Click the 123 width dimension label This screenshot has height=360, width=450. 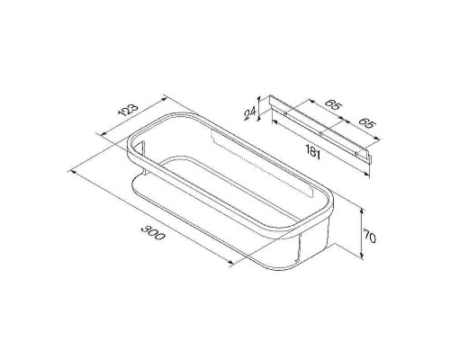pyautogui.click(x=130, y=110)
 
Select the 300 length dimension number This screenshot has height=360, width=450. pyautogui.click(x=153, y=232)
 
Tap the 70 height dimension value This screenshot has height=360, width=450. pyautogui.click(x=369, y=236)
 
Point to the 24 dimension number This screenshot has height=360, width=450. pyautogui.click(x=249, y=113)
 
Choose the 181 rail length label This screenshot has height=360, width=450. pyautogui.click(x=312, y=152)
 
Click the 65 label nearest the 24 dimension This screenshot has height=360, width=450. pyautogui.click(x=333, y=105)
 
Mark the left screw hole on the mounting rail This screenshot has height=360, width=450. pyautogui.click(x=285, y=113)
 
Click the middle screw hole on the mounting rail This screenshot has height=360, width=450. pyautogui.click(x=320, y=134)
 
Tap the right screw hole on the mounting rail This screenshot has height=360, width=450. pyautogui.click(x=355, y=154)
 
